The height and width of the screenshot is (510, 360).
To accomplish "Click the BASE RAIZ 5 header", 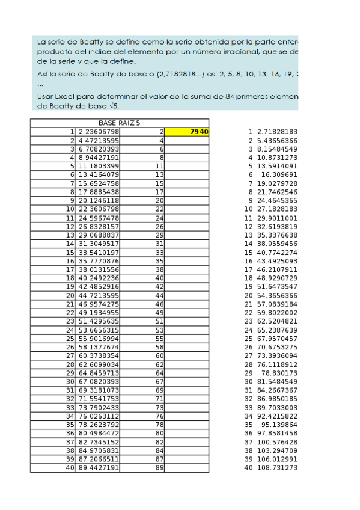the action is (119, 123).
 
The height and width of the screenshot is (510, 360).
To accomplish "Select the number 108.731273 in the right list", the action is (277, 468).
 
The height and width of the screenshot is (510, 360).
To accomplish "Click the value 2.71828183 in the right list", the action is (277, 131).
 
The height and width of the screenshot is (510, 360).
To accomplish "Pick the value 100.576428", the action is (277, 442).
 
